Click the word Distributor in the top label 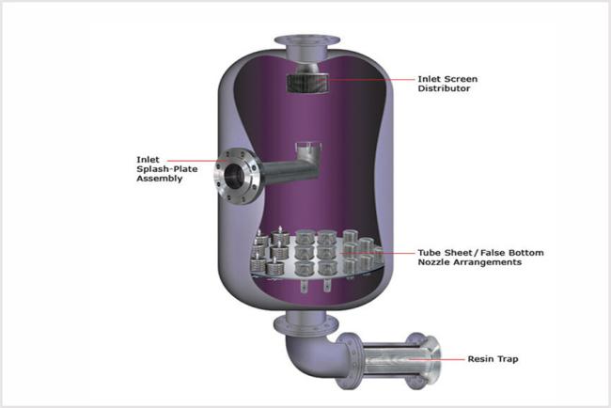pyautogui.click(x=444, y=88)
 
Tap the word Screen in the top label pyautogui.click(x=461, y=79)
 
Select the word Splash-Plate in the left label pyautogui.click(x=166, y=169)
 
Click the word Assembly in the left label pyautogui.click(x=160, y=179)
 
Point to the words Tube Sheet pyautogui.click(x=445, y=253)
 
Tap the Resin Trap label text pyautogui.click(x=493, y=359)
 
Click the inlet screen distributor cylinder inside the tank pyautogui.click(x=307, y=83)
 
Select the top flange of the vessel pyautogui.click(x=306, y=40)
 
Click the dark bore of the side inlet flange pyautogui.click(x=233, y=176)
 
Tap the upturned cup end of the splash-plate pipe pyautogui.click(x=308, y=151)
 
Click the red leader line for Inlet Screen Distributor pyautogui.click(x=369, y=80)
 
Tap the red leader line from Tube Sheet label pyautogui.click(x=377, y=253)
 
